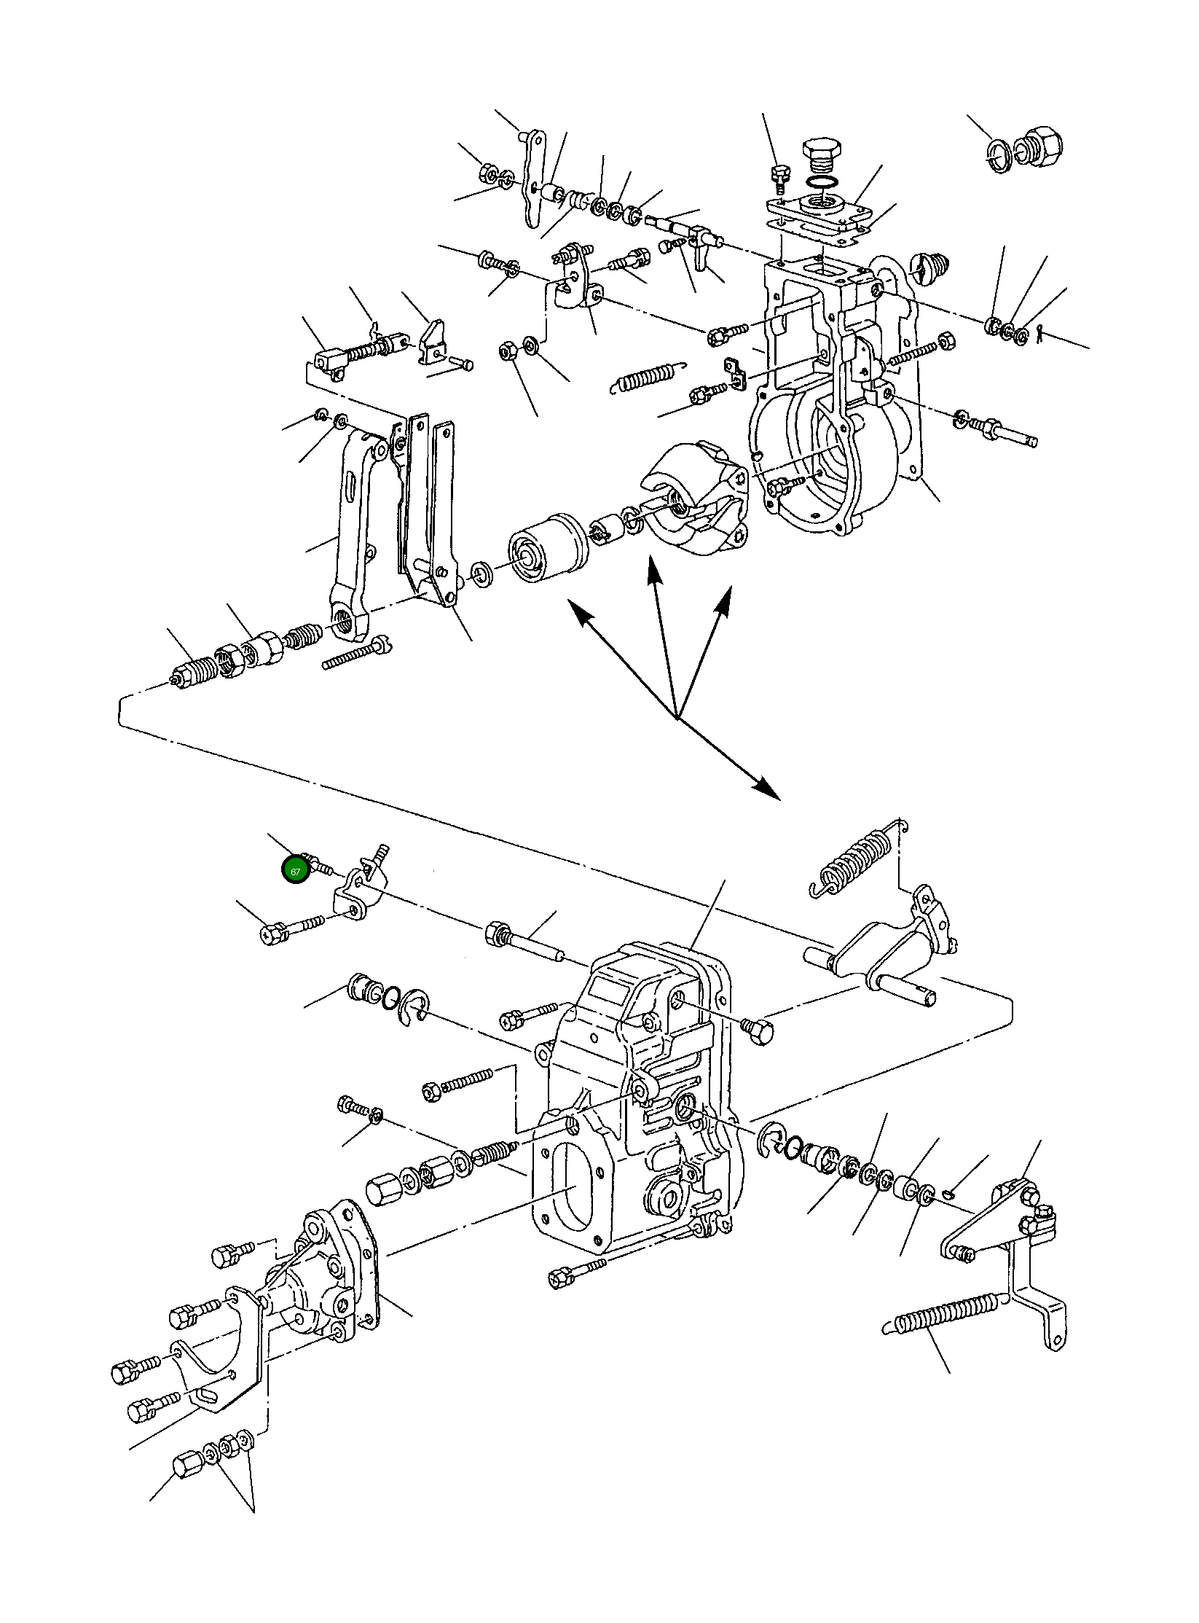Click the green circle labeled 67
point(295,871)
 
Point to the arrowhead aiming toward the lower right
point(766,788)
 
